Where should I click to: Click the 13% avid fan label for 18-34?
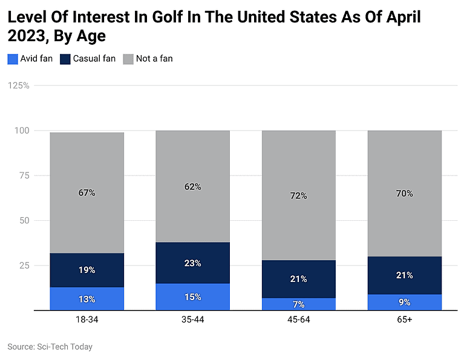87,299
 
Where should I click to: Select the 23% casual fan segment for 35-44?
192,263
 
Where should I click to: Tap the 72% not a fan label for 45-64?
298,196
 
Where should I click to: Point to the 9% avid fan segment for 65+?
405,302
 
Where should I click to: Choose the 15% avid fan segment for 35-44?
192,296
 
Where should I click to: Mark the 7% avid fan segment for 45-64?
298,304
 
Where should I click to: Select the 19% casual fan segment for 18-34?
87,270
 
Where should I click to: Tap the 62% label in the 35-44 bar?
192,187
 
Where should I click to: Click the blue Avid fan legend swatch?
13,59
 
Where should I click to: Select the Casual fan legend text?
95,59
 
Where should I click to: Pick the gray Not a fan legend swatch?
128,59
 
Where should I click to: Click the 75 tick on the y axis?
24,175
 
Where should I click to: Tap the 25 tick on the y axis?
24,265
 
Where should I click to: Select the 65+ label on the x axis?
405,319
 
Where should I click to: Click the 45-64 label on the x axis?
298,319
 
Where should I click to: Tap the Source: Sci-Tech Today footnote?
50,347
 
